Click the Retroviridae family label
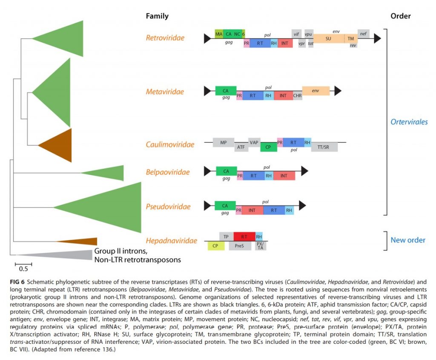[x=165, y=38]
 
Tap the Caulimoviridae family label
[x=170, y=144]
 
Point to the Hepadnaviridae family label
[x=171, y=241]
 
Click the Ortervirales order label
[x=409, y=122]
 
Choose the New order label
[x=408, y=240]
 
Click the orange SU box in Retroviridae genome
[x=328, y=38]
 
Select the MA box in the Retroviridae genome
[x=219, y=34]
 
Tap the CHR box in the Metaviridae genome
[x=298, y=96]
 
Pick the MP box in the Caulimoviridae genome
[x=224, y=142]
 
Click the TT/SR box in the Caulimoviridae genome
[x=324, y=147]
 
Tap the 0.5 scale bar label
[x=23, y=269]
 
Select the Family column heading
[x=157, y=16]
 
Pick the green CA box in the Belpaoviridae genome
[x=226, y=171]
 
